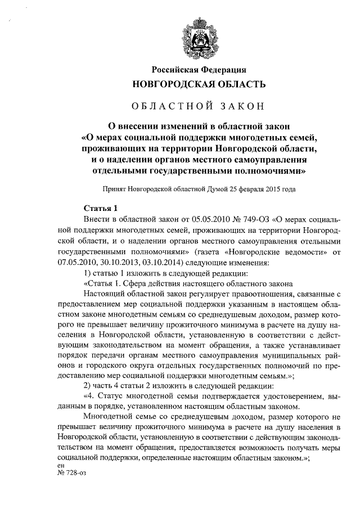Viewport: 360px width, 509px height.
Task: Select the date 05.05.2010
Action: tap(171, 218)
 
